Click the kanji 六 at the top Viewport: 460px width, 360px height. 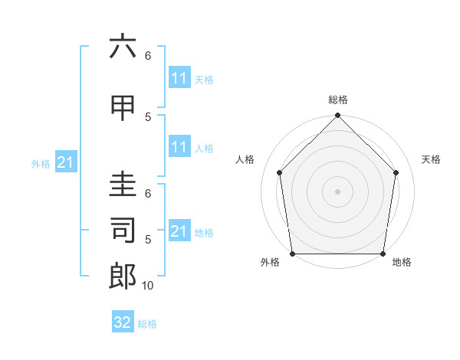[123, 47]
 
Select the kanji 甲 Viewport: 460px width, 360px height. [123, 108]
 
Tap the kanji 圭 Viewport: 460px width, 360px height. [123, 185]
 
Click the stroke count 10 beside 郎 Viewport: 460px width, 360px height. [148, 286]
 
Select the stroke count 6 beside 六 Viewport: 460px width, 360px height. [148, 56]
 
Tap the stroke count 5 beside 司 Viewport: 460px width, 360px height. [148, 240]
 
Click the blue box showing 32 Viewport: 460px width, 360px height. [123, 322]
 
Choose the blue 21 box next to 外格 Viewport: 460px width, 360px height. [65, 162]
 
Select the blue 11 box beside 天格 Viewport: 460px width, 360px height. [179, 78]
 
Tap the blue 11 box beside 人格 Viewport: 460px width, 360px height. [179, 147]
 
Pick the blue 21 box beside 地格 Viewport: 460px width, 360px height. [179, 231]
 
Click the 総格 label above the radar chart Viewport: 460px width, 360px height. [338, 100]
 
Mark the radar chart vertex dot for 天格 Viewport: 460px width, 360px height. [396, 172]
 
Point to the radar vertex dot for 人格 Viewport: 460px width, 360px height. [279, 172]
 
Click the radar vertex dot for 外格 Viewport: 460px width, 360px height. [293, 254]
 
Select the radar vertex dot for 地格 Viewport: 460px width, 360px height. [383, 254]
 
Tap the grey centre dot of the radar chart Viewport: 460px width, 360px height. [337, 191]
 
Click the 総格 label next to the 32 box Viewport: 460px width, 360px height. [148, 324]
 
